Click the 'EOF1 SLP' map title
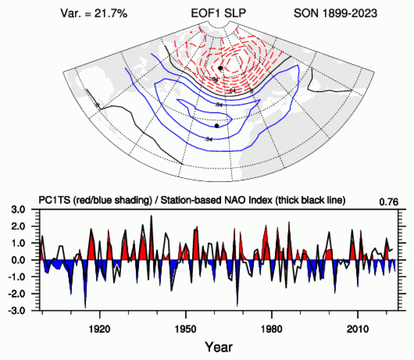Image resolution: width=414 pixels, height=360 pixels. point(210,13)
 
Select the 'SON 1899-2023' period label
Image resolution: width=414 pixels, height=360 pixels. point(335,13)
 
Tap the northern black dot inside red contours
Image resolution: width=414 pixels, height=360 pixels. point(220,68)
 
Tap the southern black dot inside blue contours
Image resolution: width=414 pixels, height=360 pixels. point(217,126)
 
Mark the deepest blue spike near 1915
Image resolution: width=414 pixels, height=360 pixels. point(85,308)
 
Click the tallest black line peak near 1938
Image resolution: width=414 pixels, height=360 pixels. point(151,216)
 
